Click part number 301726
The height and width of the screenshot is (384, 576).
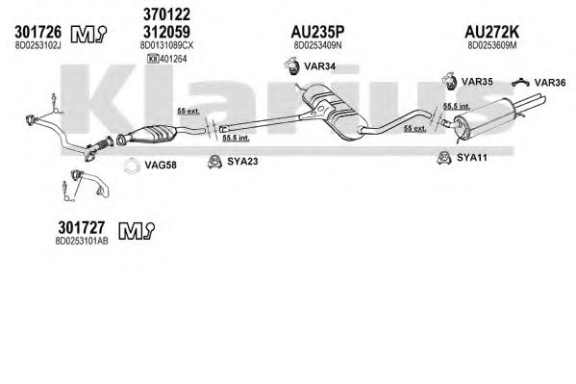click(x=38, y=33)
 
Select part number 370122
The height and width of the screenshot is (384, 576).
click(x=166, y=14)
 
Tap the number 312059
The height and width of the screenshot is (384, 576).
click(x=166, y=32)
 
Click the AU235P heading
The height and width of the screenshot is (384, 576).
click(x=317, y=32)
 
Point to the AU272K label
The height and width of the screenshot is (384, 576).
click(x=492, y=32)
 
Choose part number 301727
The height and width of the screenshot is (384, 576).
click(x=81, y=228)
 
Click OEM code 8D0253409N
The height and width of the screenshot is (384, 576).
click(x=317, y=45)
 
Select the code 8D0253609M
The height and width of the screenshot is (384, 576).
click(x=492, y=45)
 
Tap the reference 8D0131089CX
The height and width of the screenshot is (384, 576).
click(x=166, y=45)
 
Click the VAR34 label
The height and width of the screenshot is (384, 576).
click(x=319, y=66)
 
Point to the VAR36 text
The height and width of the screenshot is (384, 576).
click(x=550, y=83)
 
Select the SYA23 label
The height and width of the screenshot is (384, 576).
click(x=242, y=161)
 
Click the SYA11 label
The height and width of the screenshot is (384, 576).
click(x=472, y=158)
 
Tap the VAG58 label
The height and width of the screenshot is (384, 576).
click(x=161, y=166)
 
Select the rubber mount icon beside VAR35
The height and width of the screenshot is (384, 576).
click(x=449, y=81)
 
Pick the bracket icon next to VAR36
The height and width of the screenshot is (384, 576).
click(x=521, y=83)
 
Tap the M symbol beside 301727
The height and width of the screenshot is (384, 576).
click(x=137, y=231)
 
